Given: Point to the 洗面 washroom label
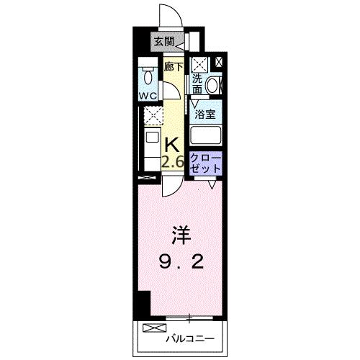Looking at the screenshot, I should [x=196, y=84].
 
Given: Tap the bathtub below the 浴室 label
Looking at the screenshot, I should [x=206, y=135].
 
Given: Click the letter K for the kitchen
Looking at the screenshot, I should [x=172, y=143].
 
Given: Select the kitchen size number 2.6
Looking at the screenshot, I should [x=172, y=162].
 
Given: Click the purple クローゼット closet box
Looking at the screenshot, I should [x=206, y=162].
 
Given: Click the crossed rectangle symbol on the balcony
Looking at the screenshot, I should [x=153, y=328].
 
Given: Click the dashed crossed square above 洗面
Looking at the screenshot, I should [x=199, y=63].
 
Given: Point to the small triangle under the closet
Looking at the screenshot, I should [x=212, y=185].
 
